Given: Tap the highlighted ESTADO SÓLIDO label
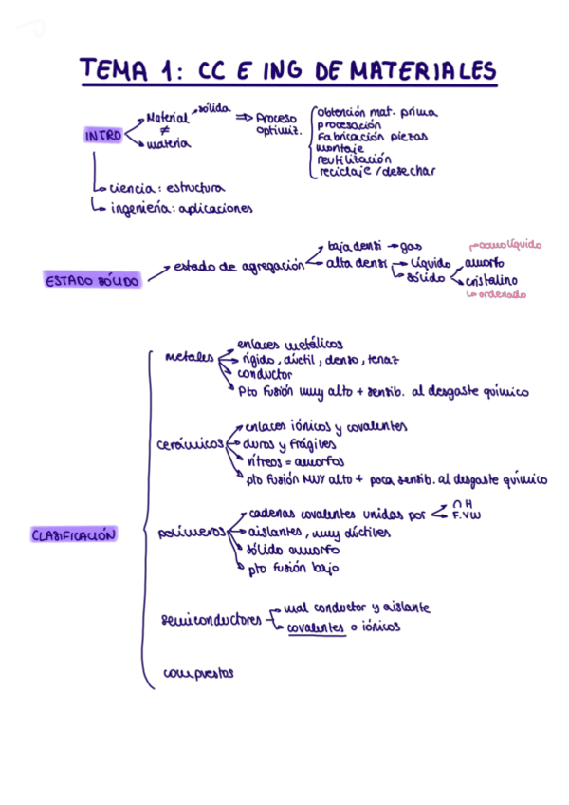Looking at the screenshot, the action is pos(92,280).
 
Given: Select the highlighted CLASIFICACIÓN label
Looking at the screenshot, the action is pos(74,535).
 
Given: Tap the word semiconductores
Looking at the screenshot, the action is pos(211,621).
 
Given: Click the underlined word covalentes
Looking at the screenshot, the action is pos(316,627).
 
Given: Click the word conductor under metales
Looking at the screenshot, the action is pos(265,374).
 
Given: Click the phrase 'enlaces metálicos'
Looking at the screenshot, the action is pos(289,344).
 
